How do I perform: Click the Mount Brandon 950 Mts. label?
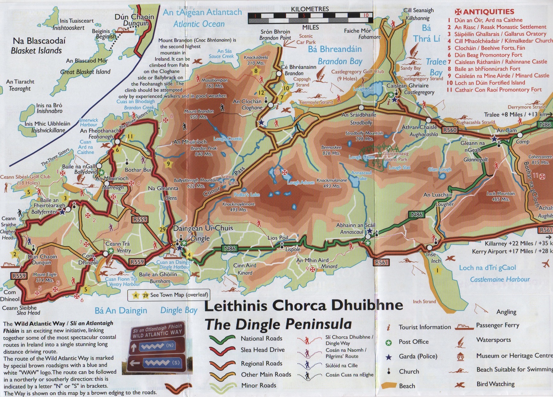click(x=198, y=114)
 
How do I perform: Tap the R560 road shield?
click(x=450, y=130)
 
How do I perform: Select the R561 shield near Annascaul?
click(x=381, y=263)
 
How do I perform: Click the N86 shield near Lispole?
click(x=230, y=248)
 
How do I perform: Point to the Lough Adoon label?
click(x=301, y=182)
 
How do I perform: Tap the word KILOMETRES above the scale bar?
click(x=310, y=9)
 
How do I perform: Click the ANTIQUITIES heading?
click(x=484, y=12)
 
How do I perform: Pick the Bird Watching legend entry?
click(x=495, y=384)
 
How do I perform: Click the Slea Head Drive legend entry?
click(x=262, y=350)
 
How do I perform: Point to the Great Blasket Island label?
click(x=85, y=72)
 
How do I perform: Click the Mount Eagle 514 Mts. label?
click(x=44, y=277)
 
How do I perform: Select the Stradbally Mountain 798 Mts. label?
click(x=364, y=136)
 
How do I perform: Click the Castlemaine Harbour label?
click(x=500, y=279)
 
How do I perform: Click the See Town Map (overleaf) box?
click(x=169, y=295)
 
